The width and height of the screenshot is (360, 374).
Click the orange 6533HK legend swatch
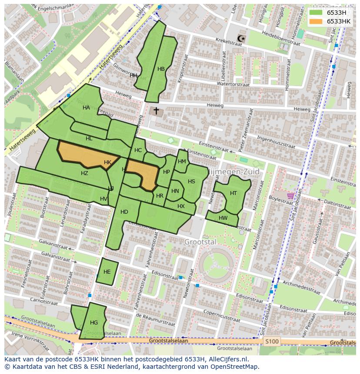(x=316, y=21)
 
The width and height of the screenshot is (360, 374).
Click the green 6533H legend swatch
(x=316, y=13)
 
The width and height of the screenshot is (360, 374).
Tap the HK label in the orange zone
(x=108, y=162)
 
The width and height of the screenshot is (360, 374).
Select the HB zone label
(x=161, y=69)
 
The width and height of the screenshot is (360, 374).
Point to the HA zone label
(x=86, y=108)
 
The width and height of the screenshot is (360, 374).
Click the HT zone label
(x=233, y=193)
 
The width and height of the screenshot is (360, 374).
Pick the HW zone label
(x=223, y=218)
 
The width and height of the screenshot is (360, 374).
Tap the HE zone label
(x=107, y=272)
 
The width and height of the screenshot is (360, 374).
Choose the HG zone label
(x=94, y=323)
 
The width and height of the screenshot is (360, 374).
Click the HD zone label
(x=124, y=212)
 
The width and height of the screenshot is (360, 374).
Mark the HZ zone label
(x=84, y=173)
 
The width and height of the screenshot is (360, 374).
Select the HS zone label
(x=191, y=182)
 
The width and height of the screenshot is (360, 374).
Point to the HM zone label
(x=182, y=162)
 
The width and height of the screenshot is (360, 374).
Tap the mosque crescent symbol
(x=241, y=39)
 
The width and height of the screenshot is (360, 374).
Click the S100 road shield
(x=272, y=341)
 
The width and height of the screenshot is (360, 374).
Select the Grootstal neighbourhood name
(x=200, y=242)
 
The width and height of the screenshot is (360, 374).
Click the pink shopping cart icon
(x=290, y=196)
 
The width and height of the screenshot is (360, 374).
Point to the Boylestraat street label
(x=281, y=198)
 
